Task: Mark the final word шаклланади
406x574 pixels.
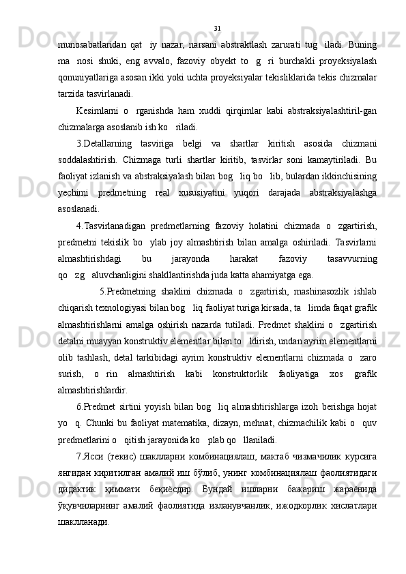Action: [x=83, y=500]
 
